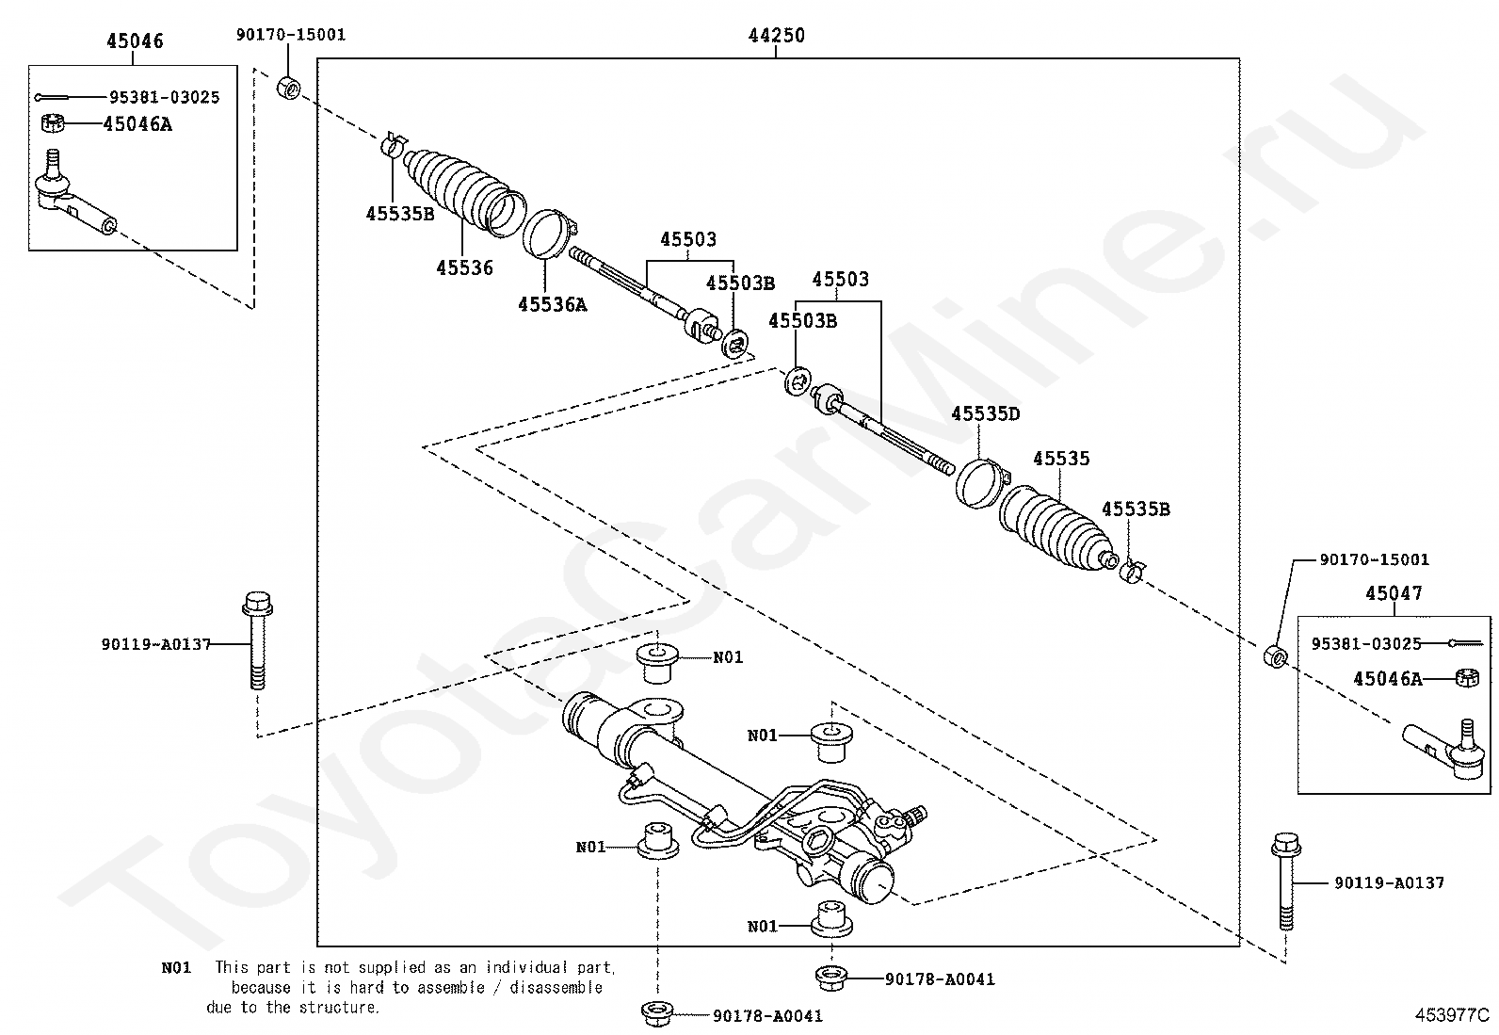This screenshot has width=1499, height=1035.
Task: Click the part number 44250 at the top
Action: (776, 36)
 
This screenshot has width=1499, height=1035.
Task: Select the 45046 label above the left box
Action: (134, 40)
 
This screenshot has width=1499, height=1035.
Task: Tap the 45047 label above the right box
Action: (1394, 593)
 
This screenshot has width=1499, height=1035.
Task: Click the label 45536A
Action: (552, 304)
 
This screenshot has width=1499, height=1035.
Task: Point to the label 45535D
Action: (985, 413)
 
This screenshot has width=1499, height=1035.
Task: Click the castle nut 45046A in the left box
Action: (55, 123)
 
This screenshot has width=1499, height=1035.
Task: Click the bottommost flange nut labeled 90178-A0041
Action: (656, 1014)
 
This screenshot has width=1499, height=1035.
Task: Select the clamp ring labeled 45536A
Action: (548, 234)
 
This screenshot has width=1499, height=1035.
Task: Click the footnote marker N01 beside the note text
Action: (176, 967)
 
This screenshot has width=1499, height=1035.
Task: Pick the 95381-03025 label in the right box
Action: (1366, 643)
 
